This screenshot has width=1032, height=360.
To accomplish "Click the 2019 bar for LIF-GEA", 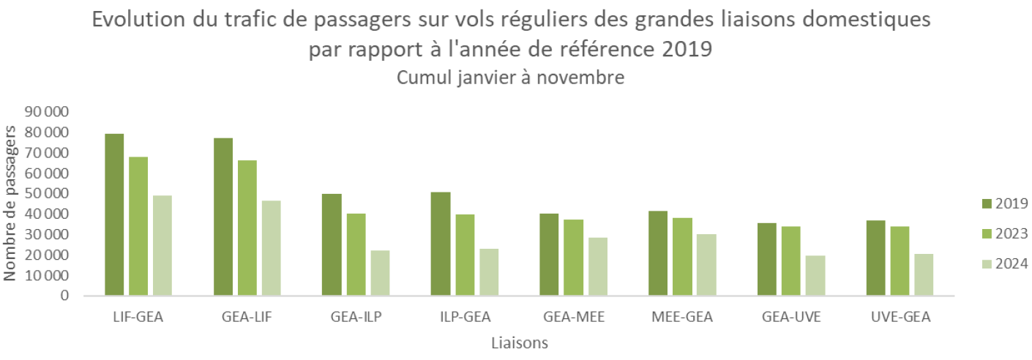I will pyautogui.click(x=114, y=215).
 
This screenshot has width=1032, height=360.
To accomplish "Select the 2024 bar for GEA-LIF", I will pyautogui.click(x=271, y=248).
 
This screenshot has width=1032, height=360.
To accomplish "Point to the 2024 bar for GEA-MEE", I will pyautogui.click(x=598, y=266).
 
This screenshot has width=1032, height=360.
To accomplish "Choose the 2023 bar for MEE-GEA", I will pyautogui.click(x=682, y=257).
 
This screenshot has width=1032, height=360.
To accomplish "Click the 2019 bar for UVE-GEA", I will pyautogui.click(x=875, y=258).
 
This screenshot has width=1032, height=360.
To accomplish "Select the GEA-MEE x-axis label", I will pyautogui.click(x=574, y=317).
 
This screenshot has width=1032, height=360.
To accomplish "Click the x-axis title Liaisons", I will pyautogui.click(x=520, y=342).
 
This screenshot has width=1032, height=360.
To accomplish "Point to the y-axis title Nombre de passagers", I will pyautogui.click(x=10, y=203).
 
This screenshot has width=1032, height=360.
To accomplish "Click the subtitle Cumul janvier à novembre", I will pyautogui.click(x=510, y=78).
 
